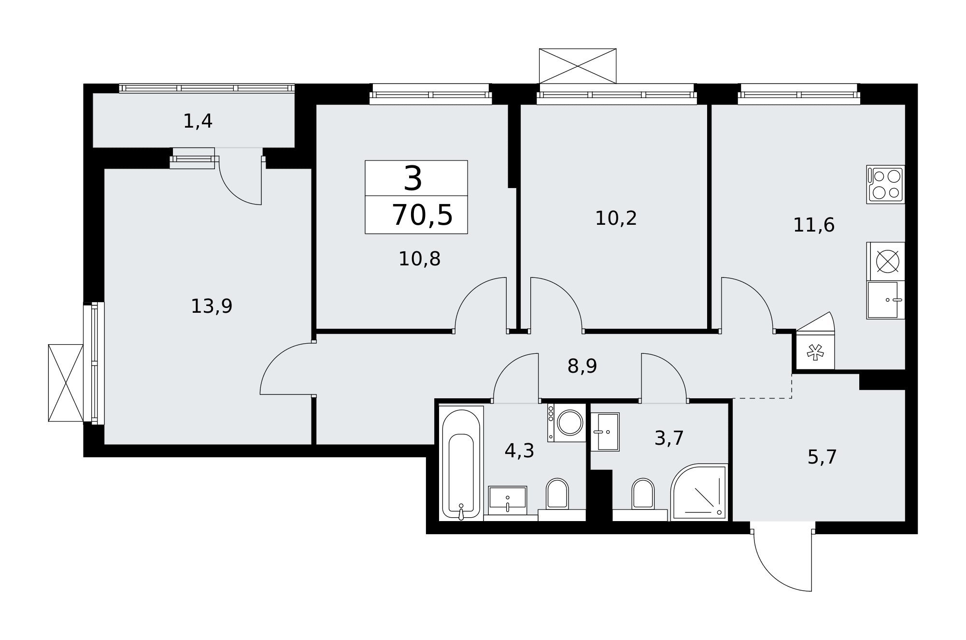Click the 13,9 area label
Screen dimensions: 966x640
click(212, 306)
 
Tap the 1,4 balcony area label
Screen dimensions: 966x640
click(198, 121)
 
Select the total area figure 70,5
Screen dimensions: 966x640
click(422, 215)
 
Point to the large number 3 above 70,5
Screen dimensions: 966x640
click(413, 179)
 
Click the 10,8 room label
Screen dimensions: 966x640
click(419, 259)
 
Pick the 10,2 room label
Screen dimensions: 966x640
click(616, 218)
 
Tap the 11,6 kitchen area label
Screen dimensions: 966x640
click(814, 225)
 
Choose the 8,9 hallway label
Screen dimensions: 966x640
click(582, 366)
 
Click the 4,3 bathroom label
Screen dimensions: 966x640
click(519, 451)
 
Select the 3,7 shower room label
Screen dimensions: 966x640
click(669, 438)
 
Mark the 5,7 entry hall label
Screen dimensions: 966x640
click(822, 457)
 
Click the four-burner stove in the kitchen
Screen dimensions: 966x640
click(885, 184)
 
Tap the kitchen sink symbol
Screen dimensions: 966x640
click(885, 300)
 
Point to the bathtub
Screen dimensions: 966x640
click(461, 464)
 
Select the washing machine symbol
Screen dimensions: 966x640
click(567, 422)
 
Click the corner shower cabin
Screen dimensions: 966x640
click(699, 492)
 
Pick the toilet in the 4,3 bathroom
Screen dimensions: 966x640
click(557, 494)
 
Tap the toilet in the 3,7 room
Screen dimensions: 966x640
click(643, 494)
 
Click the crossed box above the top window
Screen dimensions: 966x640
click(578, 66)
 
